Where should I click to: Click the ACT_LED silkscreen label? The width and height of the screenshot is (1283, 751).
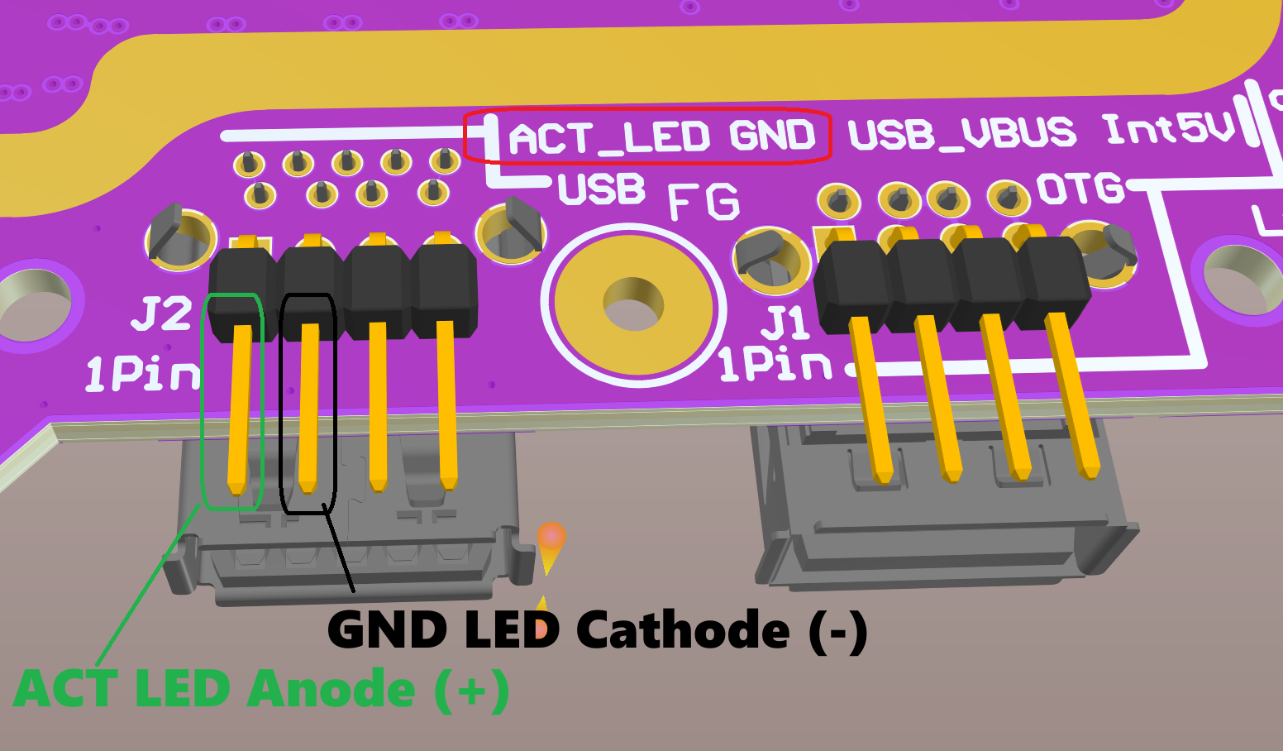[608, 138]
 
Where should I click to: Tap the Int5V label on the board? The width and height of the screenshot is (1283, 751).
[1168, 128]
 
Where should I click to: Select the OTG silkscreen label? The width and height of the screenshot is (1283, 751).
[1080, 189]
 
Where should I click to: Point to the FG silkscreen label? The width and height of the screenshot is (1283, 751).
[703, 203]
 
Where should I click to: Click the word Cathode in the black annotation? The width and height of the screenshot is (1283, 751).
[683, 630]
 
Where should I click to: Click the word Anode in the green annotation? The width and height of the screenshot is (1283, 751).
[331, 688]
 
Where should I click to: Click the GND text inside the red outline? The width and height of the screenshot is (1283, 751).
[772, 136]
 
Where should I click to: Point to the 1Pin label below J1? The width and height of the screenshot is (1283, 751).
[774, 364]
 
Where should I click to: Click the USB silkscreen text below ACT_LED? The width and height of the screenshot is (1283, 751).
[601, 190]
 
